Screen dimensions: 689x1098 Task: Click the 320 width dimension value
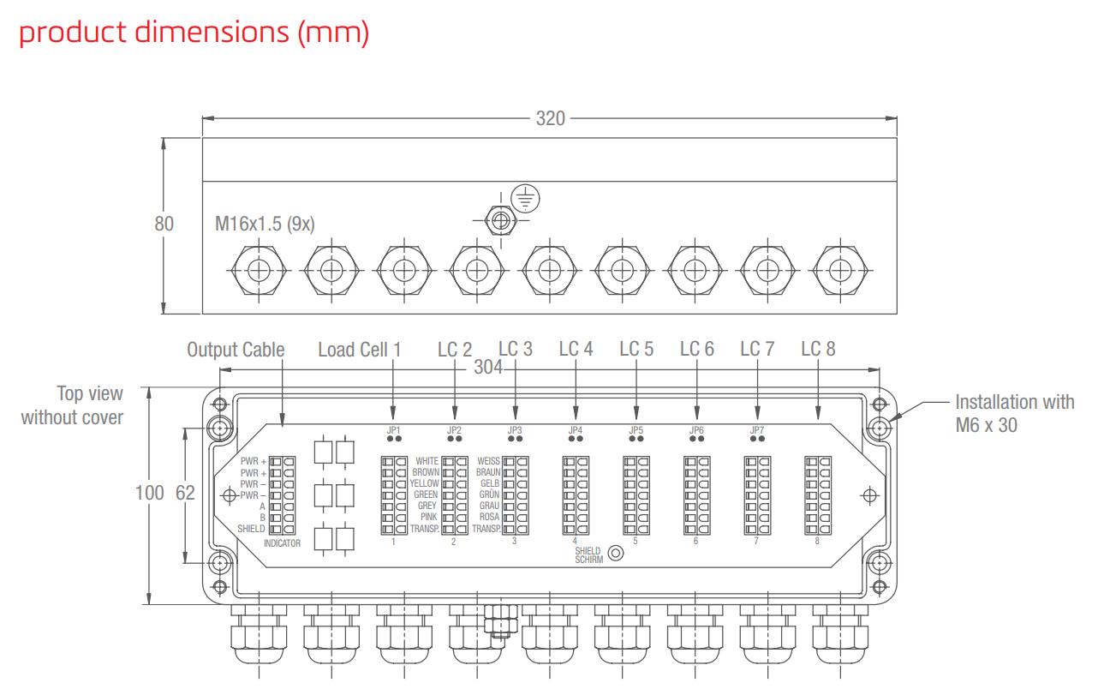pyautogui.click(x=550, y=118)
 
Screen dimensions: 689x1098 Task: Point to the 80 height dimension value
pyautogui.click(x=164, y=224)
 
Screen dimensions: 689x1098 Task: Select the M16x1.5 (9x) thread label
pyautogui.click(x=265, y=225)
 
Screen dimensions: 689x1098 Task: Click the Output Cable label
pyautogui.click(x=236, y=350)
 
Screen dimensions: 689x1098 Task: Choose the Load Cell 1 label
pyautogui.click(x=359, y=350)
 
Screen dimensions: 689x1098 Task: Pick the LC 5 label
pyautogui.click(x=636, y=349)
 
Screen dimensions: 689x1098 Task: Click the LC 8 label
pyautogui.click(x=818, y=349)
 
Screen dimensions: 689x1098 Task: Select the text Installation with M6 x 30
pyautogui.click(x=1014, y=413)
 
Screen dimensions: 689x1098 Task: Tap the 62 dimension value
pyautogui.click(x=184, y=494)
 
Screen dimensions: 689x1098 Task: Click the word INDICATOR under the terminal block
pyautogui.click(x=282, y=543)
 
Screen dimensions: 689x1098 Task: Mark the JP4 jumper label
pyautogui.click(x=575, y=429)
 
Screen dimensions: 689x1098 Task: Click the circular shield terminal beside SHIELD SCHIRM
pyautogui.click(x=614, y=554)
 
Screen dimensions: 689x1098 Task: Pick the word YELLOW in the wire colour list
pyautogui.click(x=424, y=483)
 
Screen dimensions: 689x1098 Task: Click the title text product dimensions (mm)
pyautogui.click(x=194, y=33)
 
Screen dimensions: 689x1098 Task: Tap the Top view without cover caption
pyautogui.click(x=73, y=405)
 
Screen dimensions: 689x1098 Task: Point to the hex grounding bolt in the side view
pyautogui.click(x=501, y=220)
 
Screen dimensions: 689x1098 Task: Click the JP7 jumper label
pyautogui.click(x=757, y=429)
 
